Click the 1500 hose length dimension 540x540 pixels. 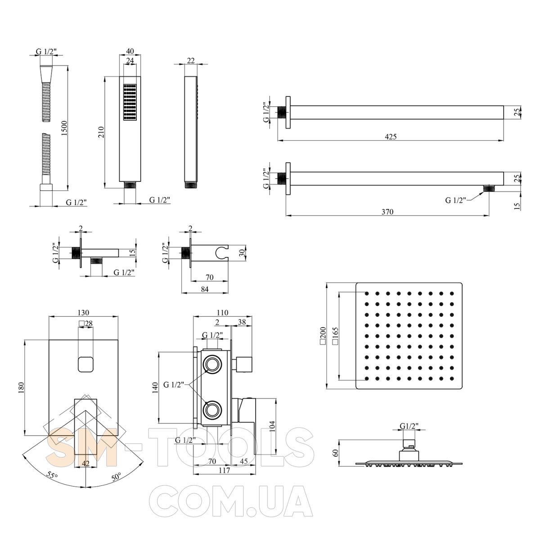[64, 128]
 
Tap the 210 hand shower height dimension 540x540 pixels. [101, 132]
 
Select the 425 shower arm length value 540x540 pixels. [391, 137]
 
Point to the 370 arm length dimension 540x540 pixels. [387, 211]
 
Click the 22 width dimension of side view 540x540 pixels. [190, 61]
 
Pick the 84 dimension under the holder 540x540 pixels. [205, 289]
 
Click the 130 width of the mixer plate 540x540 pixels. [83, 312]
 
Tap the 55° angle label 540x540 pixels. [52, 475]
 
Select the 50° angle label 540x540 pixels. [116, 477]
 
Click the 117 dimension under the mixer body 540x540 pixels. [225, 470]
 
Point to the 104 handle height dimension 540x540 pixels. [272, 426]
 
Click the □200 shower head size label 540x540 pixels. [323, 335]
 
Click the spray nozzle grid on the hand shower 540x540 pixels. [130, 103]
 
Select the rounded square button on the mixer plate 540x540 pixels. [85, 364]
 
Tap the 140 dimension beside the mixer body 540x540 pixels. [155, 387]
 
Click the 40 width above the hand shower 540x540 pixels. [130, 51]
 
